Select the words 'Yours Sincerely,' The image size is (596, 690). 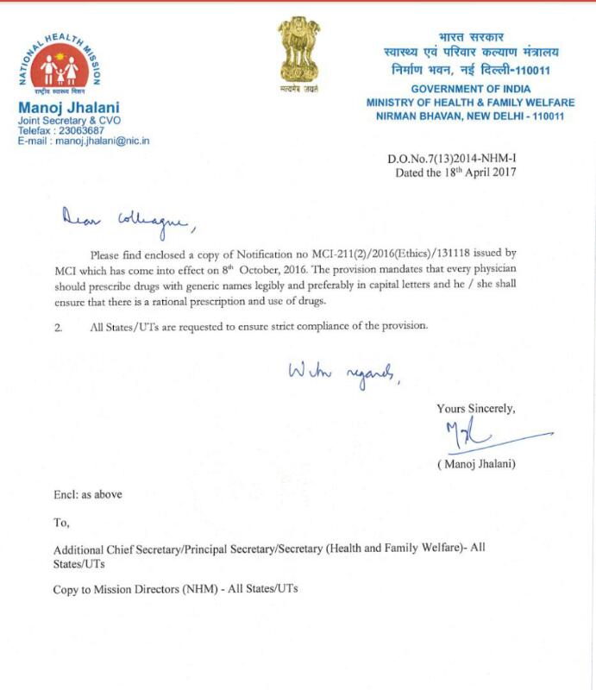pos(476,409)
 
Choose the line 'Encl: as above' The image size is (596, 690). pos(88,494)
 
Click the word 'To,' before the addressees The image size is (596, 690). pos(61,522)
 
